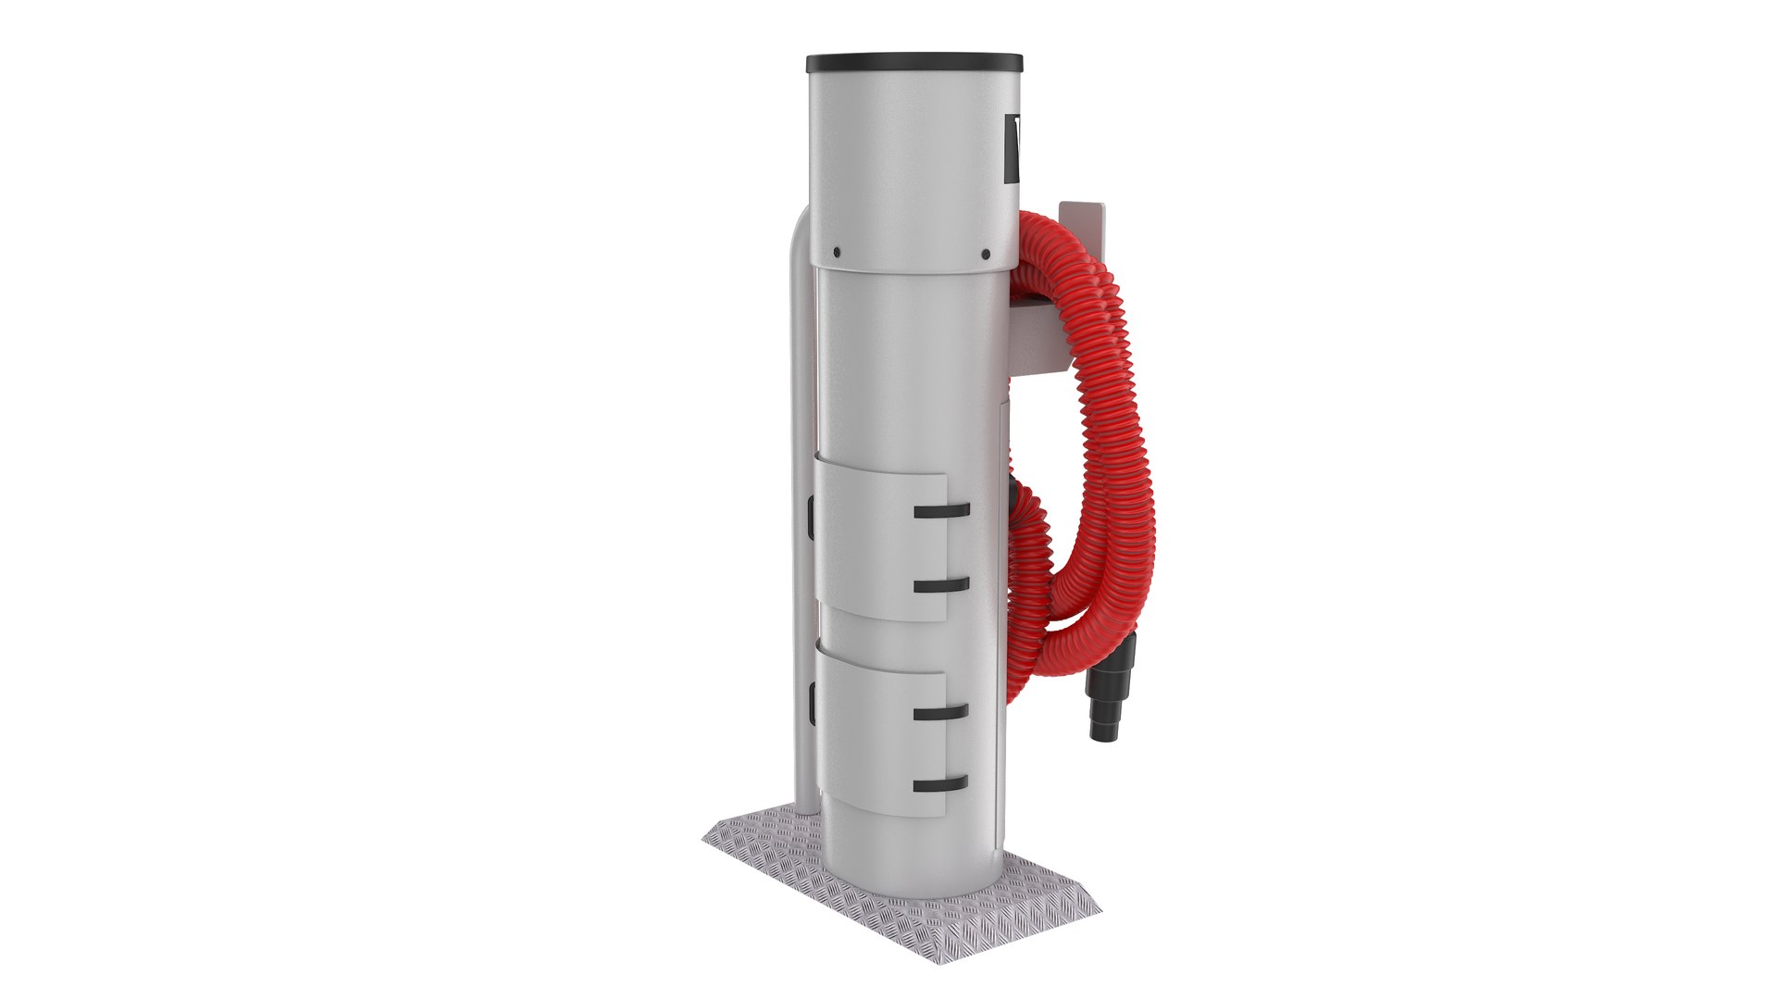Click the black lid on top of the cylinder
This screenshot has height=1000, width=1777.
coord(914,65)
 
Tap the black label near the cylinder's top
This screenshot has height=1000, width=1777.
coord(1013,147)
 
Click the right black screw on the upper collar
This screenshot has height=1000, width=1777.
coord(986,254)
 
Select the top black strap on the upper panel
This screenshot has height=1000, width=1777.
coord(940,510)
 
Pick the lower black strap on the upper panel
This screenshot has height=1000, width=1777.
coord(940,585)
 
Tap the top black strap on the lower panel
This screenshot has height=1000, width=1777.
coord(940,713)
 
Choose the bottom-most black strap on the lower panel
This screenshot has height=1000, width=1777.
coord(940,785)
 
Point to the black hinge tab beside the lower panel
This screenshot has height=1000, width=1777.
coord(810,704)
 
